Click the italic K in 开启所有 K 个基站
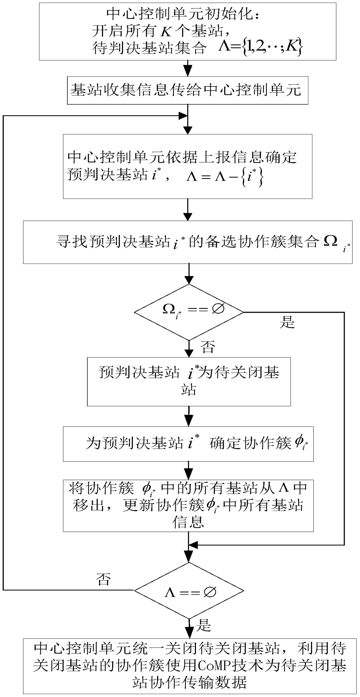(166, 31)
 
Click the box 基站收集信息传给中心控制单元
(188, 90)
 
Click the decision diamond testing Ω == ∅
(189, 312)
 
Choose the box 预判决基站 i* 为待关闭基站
(189, 381)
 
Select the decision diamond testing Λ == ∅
(189, 590)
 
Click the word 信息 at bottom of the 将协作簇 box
(188, 522)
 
